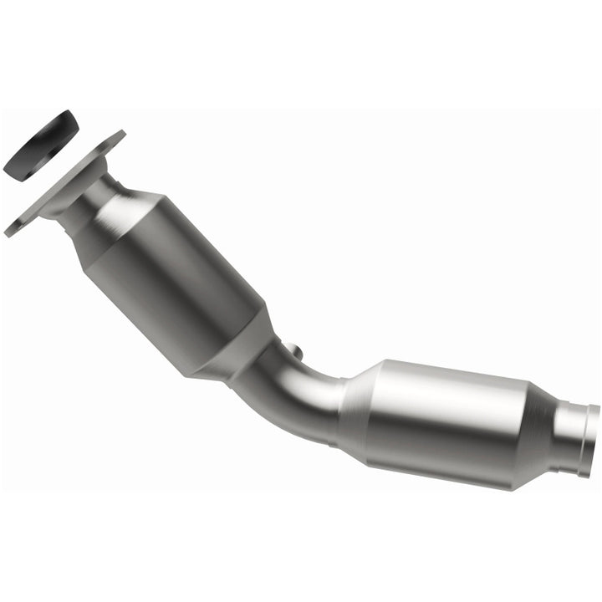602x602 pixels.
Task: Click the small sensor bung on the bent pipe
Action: tap(290, 349)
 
